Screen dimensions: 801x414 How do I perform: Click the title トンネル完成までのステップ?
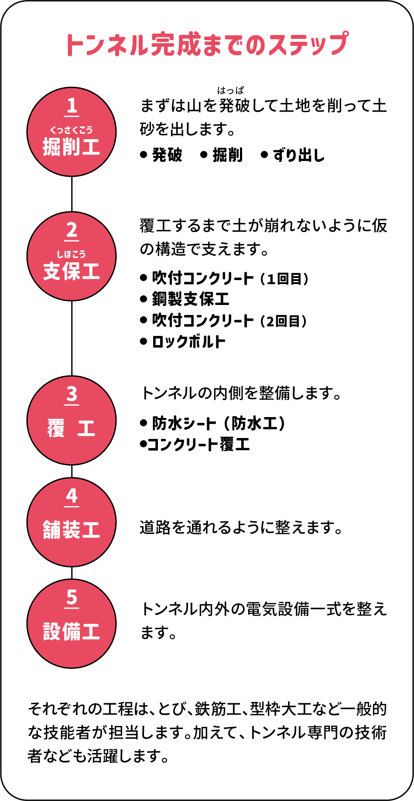207,44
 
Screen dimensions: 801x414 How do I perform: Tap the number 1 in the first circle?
72,106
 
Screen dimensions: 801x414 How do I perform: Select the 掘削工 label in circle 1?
72,147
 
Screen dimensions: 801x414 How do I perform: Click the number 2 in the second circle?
72,230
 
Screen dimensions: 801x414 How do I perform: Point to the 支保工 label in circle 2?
72,271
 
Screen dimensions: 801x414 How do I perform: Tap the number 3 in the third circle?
72,394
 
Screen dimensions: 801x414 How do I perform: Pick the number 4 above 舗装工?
72,496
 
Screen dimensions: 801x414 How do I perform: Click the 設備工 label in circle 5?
72,631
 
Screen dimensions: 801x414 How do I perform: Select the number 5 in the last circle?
72,598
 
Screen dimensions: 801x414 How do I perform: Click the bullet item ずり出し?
299,155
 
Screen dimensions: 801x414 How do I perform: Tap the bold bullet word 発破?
167,155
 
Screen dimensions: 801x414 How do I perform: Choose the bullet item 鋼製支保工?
191,299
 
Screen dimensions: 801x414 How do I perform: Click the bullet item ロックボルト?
188,342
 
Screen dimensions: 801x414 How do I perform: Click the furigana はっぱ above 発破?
231,91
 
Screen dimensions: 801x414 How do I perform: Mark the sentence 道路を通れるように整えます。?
241,527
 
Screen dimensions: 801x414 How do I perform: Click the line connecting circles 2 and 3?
72,338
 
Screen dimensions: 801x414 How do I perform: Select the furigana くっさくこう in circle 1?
72,130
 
